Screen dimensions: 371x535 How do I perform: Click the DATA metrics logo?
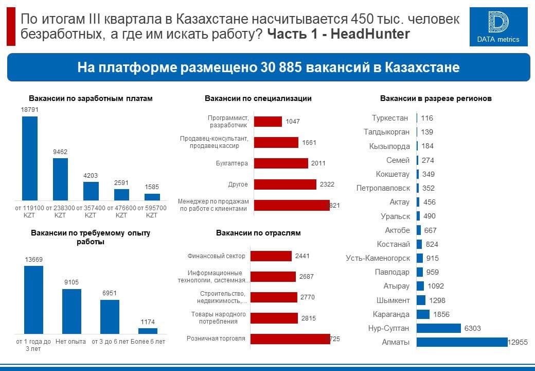click(x=498, y=27)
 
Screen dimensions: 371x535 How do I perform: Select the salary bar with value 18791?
click(x=29, y=158)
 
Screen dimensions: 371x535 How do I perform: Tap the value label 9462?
click(x=60, y=152)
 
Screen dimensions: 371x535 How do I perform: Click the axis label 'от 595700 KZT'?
click(x=152, y=211)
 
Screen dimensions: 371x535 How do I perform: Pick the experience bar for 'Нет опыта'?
click(x=72, y=311)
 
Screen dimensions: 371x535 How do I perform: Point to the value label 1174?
click(x=148, y=322)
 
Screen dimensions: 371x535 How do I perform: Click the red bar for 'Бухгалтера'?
click(x=281, y=163)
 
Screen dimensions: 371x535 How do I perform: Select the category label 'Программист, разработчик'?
click(x=228, y=121)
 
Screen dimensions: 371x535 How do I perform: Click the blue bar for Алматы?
click(x=462, y=342)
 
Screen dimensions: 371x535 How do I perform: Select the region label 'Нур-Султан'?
click(x=389, y=328)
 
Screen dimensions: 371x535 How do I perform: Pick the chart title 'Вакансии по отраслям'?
click(x=258, y=233)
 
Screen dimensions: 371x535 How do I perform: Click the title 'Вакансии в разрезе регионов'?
click(x=436, y=98)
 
